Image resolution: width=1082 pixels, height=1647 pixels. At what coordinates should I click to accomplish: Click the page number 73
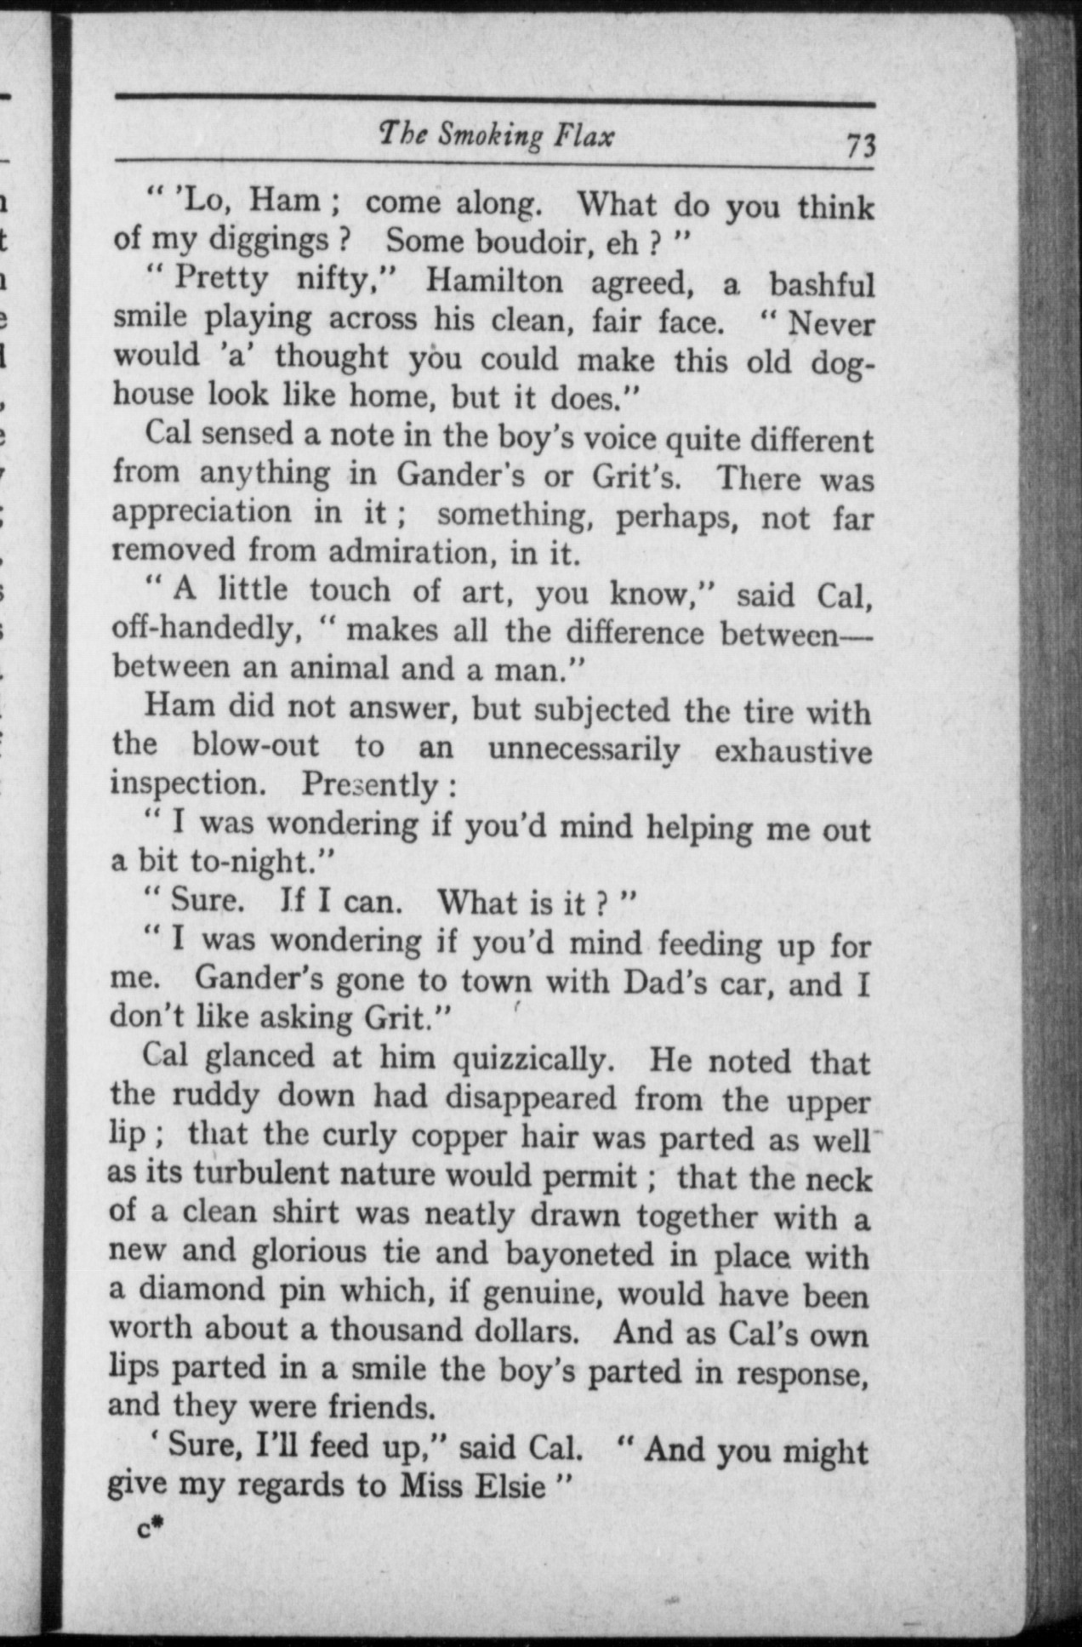(860, 146)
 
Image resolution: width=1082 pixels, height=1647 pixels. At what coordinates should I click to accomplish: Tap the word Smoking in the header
(488, 136)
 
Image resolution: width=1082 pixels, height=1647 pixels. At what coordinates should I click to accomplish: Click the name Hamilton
(494, 281)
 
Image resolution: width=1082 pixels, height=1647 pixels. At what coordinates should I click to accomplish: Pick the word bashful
(822, 284)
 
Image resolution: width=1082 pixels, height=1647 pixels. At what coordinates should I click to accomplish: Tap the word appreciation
(202, 512)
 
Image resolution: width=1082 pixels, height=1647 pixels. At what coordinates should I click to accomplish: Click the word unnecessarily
(584, 749)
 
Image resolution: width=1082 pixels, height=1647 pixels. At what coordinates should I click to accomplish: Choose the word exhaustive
(793, 752)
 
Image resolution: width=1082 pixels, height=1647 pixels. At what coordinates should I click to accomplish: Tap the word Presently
(370, 784)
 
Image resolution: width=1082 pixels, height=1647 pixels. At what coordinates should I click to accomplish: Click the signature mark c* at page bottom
(149, 1529)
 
